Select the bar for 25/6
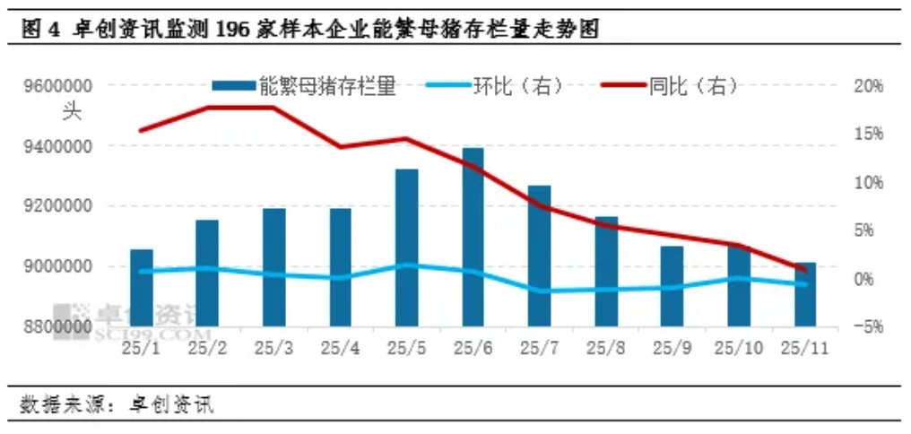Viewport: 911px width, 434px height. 473,238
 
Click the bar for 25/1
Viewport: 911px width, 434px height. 142,287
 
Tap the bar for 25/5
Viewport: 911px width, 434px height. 406,247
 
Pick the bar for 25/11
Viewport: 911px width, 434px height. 804,294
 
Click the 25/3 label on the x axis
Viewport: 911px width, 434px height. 274,348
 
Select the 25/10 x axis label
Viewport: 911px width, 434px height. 737,348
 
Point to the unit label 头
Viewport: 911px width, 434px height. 71,113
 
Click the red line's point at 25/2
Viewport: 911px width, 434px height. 208,108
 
